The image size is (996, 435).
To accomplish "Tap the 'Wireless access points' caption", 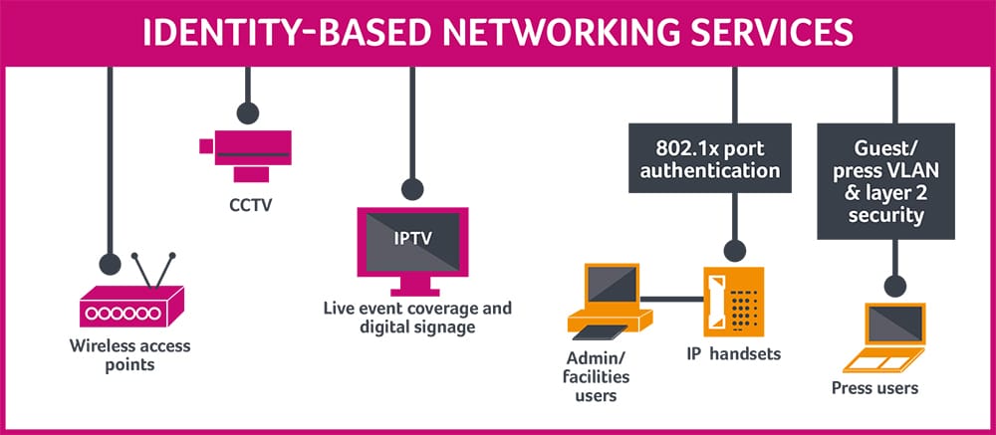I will click(130, 355).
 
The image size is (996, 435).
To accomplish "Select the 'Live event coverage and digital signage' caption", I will click(417, 317).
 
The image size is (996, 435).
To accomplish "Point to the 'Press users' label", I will click(874, 387).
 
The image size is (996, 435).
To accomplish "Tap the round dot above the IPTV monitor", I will click(412, 188).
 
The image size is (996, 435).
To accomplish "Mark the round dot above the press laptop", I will click(894, 287).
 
